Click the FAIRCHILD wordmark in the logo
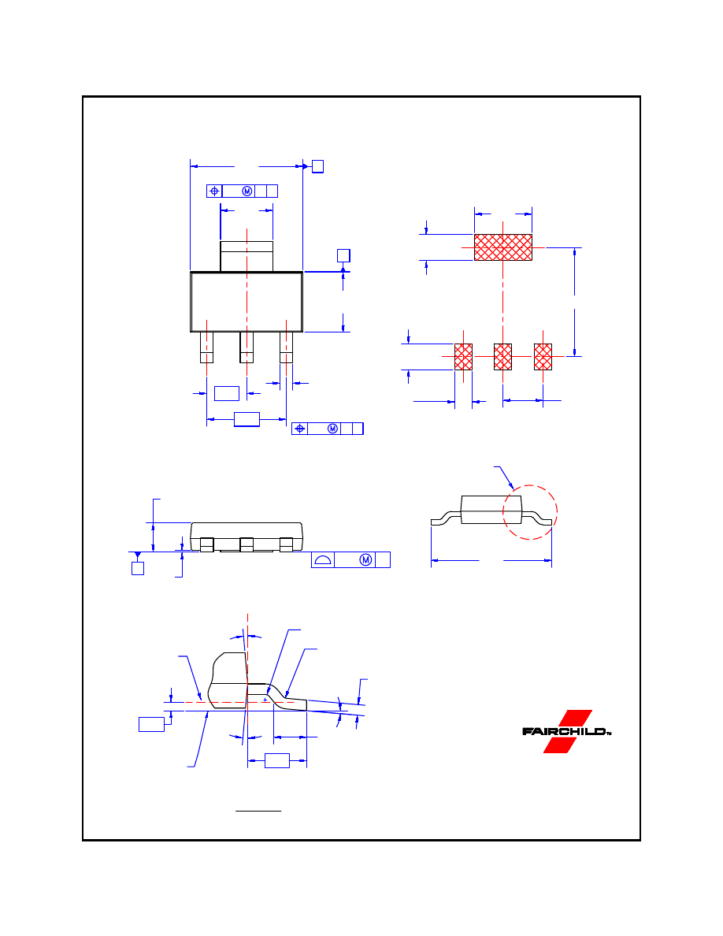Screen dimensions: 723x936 click(565, 731)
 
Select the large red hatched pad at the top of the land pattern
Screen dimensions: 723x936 click(503, 247)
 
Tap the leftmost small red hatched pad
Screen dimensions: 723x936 click(464, 357)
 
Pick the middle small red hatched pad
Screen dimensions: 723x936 click(503, 357)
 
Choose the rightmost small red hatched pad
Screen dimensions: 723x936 click(543, 357)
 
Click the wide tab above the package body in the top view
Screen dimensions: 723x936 click(247, 257)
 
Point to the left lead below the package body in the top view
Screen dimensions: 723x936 click(206, 347)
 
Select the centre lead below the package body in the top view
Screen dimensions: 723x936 click(247, 347)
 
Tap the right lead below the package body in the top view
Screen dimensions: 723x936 click(287, 347)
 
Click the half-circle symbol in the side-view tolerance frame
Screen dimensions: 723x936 click(323, 560)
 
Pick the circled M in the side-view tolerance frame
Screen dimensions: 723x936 click(365, 560)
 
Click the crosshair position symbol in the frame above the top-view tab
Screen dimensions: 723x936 click(215, 191)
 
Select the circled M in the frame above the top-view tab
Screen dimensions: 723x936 click(247, 191)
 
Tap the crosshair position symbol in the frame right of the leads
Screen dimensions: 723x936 click(300, 429)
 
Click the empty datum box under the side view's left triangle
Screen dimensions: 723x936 click(138, 568)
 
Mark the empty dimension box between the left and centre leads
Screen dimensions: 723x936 click(227, 393)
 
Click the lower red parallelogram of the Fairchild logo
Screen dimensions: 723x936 click(559, 745)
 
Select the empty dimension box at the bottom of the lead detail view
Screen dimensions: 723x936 click(276, 760)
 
